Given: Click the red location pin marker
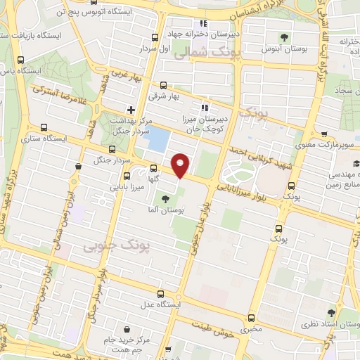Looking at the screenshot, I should pyautogui.click(x=181, y=165).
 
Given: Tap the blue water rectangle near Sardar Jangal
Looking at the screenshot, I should pyautogui.click(x=157, y=139).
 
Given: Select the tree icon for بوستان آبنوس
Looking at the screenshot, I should pyautogui.click(x=284, y=37).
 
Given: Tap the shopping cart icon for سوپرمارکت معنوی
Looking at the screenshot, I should pyautogui.click(x=323, y=134).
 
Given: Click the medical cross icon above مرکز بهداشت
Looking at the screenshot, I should pyautogui.click(x=131, y=109).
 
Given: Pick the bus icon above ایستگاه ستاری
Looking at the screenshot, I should pyautogui.click(x=44, y=128).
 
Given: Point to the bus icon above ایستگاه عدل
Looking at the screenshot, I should pyautogui.click(x=161, y=294).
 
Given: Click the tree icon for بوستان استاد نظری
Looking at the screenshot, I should pyautogui.click(x=331, y=313).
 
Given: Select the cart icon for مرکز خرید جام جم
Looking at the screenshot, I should pyautogui.click(x=126, y=328).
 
